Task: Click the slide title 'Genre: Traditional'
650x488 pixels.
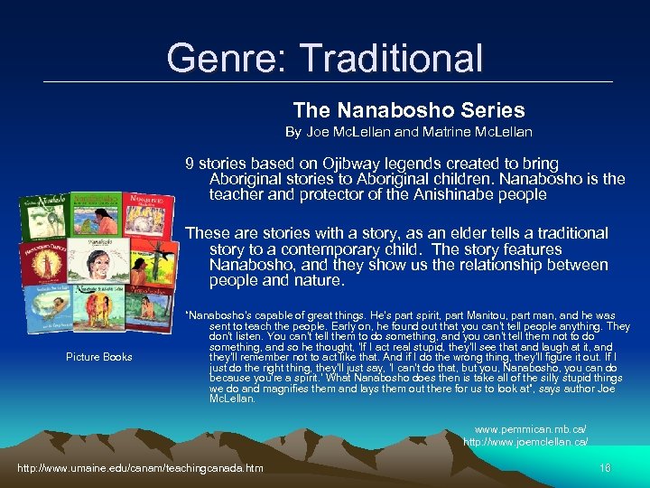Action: [x=325, y=59]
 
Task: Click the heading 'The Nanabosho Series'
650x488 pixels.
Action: [x=409, y=110]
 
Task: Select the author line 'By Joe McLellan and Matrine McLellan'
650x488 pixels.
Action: [x=409, y=132]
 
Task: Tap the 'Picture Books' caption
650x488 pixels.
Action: [x=99, y=357]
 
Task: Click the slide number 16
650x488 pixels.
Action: [x=604, y=467]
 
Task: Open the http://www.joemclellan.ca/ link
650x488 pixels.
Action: [x=525, y=441]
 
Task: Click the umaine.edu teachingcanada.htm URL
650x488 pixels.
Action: [x=140, y=467]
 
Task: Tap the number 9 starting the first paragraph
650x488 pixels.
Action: [x=190, y=164]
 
